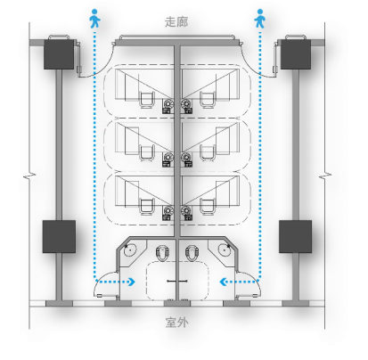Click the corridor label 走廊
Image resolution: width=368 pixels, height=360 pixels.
tap(176, 22)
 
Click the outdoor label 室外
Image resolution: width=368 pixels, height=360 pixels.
tap(176, 323)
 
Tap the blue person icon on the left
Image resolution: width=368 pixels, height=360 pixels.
tap(94, 19)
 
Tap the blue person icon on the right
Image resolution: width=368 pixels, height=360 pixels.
tap(260, 19)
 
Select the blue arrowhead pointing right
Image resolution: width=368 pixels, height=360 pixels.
tap(132, 282)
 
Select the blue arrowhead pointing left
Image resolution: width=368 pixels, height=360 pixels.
tap(224, 282)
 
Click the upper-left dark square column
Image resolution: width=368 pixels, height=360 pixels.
tap(59, 54)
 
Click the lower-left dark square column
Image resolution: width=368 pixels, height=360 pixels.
tap(59, 236)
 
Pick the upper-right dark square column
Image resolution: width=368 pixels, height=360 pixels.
tap(296, 54)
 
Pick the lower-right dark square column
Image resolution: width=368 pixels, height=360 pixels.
tap(295, 236)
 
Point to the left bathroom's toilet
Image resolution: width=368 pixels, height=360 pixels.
tap(162, 253)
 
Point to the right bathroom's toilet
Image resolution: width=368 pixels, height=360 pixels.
tap(192, 253)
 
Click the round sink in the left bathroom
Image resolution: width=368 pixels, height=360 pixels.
tap(130, 250)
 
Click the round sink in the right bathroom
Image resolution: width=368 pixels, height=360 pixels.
tap(225, 250)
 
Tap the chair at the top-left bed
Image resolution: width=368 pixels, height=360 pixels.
tap(147, 100)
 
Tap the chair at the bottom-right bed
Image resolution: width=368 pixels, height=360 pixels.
tap(208, 207)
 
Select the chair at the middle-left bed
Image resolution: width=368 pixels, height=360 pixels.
tap(147, 153)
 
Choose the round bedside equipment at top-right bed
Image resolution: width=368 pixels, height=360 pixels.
tap(186, 104)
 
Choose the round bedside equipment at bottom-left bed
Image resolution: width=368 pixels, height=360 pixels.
tap(168, 211)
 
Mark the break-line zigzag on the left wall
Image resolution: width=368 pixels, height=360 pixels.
tap(29, 176)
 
